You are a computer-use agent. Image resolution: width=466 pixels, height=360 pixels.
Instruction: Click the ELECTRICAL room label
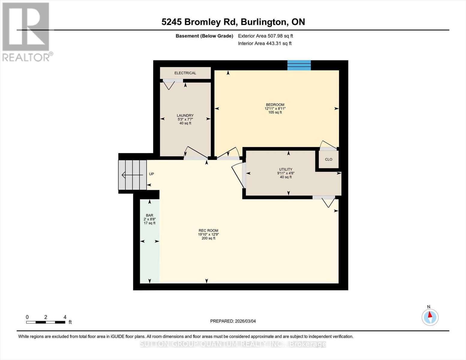point(185,73)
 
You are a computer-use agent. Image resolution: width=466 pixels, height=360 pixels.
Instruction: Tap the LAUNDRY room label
point(185,115)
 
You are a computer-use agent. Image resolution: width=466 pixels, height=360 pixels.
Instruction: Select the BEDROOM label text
point(275,105)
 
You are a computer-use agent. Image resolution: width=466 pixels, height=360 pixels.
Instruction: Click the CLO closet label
point(329,159)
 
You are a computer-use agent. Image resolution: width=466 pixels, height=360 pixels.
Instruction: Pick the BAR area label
point(149,215)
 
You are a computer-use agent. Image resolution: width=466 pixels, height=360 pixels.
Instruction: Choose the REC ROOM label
point(208,231)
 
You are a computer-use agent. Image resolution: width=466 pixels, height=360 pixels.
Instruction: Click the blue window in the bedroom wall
point(299,65)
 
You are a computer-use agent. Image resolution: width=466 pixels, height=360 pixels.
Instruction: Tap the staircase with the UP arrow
point(132,175)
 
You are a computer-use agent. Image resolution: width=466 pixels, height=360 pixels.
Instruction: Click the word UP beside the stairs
point(152,174)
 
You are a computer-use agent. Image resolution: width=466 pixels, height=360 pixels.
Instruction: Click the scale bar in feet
point(46,322)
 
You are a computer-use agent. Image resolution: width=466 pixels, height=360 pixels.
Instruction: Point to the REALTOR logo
point(26,31)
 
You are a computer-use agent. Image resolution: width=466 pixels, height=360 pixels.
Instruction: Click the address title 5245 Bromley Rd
point(233,22)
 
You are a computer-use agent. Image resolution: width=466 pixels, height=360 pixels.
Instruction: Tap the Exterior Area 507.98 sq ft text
point(265,36)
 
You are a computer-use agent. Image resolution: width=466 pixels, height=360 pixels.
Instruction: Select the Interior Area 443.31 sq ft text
point(265,43)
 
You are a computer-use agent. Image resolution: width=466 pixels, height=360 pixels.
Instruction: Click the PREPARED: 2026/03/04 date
point(233,321)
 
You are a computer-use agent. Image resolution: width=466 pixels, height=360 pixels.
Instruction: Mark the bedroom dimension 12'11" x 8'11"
point(275,109)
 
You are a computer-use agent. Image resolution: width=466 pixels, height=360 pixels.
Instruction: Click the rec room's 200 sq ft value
point(208,238)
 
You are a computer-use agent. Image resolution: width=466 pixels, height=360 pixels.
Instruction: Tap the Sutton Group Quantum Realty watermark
point(233,344)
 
